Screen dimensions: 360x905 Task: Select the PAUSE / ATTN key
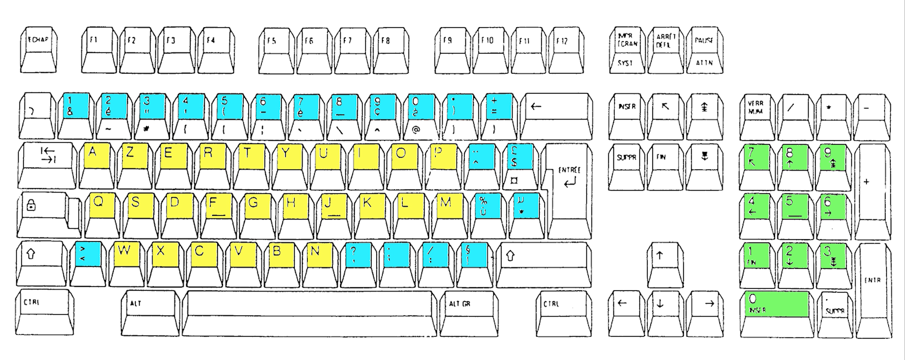704,44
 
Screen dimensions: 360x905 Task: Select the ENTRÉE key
567,187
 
